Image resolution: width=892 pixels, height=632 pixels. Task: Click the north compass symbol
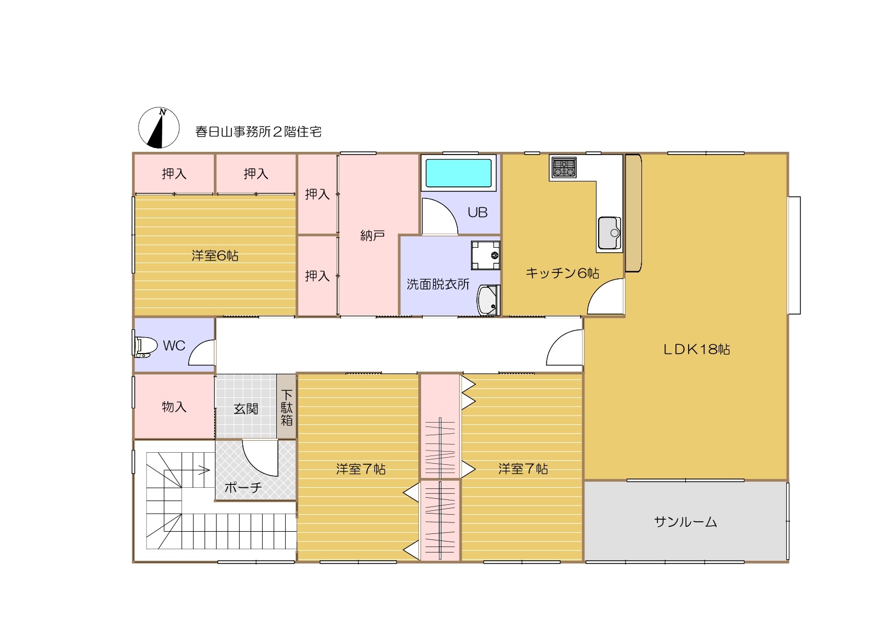click(159, 128)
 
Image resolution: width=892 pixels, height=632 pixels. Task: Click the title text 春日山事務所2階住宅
click(258, 132)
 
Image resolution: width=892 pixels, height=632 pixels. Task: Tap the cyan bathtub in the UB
click(458, 173)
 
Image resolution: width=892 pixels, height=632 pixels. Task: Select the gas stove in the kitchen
click(564, 167)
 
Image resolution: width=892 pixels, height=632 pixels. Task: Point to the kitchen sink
click(609, 232)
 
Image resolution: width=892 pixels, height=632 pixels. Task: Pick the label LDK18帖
click(696, 349)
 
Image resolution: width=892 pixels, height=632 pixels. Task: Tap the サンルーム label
click(685, 522)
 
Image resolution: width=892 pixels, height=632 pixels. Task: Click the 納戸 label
click(372, 236)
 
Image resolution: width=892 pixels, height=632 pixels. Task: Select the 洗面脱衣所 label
click(438, 284)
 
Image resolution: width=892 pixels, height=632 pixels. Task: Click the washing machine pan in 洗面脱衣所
click(486, 255)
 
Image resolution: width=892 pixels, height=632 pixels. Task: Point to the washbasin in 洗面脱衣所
click(488, 300)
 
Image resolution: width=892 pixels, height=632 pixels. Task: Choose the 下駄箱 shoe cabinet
click(286, 407)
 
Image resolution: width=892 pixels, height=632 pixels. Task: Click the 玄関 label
click(246, 408)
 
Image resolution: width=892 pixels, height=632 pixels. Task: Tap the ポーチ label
click(243, 487)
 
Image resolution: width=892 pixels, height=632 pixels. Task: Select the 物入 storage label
click(174, 407)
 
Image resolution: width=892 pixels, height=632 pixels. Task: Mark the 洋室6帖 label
click(215, 255)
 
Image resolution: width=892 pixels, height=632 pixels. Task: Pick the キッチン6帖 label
click(563, 272)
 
